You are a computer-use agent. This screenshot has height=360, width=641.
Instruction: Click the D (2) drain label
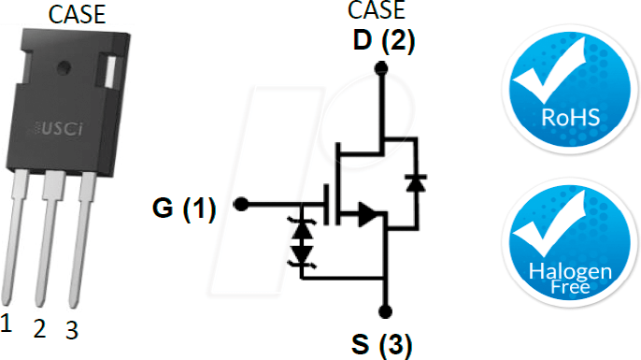[x=384, y=41]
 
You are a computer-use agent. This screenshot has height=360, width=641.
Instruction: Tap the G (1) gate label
[x=184, y=209]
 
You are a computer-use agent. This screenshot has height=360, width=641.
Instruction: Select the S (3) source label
[x=381, y=341]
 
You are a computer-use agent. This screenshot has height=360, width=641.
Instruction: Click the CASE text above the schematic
[x=377, y=11]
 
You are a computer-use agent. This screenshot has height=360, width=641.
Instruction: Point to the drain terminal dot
[x=380, y=67]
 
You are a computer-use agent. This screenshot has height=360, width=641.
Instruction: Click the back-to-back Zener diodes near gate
[x=301, y=240]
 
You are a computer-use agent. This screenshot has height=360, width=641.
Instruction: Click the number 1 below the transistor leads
[x=7, y=324]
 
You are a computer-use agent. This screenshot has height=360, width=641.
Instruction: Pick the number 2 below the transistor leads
[x=38, y=328]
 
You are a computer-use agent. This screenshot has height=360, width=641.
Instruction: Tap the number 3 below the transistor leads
[x=70, y=330]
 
